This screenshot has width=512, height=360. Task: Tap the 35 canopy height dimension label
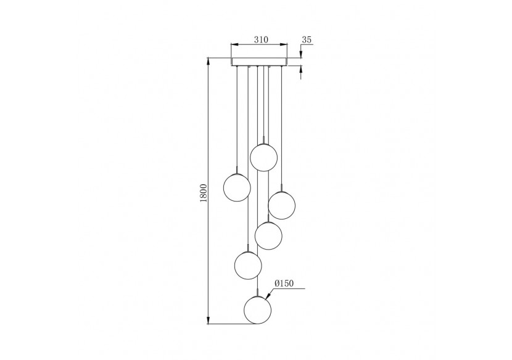click(x=307, y=39)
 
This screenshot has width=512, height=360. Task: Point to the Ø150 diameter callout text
click(x=284, y=284)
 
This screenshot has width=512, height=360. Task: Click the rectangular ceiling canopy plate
click(x=259, y=62)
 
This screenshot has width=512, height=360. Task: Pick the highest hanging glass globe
click(x=263, y=157)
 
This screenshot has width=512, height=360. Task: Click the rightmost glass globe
click(x=281, y=205)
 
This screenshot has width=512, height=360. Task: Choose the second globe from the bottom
click(x=248, y=265)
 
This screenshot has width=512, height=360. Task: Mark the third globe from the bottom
click(x=268, y=235)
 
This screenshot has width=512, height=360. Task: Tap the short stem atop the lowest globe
click(x=257, y=293)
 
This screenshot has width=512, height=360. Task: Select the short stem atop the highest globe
click(x=263, y=139)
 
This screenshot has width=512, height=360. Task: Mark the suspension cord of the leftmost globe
click(x=237, y=117)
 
